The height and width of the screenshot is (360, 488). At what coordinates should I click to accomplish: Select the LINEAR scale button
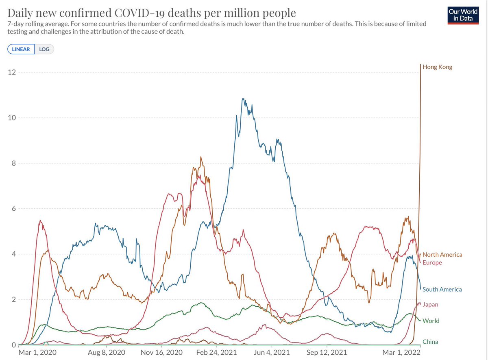pyautogui.click(x=21, y=49)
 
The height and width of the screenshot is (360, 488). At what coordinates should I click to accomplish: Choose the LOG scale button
pyautogui.click(x=44, y=49)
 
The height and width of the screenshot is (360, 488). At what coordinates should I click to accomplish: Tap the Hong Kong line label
pyautogui.click(x=437, y=67)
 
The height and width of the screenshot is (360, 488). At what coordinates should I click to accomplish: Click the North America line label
pyautogui.click(x=442, y=255)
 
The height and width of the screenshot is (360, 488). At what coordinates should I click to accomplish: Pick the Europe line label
pyautogui.click(x=432, y=263)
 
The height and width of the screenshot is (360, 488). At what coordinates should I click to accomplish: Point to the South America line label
pyautogui.click(x=442, y=290)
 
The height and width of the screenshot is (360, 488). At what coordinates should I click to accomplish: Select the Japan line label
pyautogui.click(x=430, y=305)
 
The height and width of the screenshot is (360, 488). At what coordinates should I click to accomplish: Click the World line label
pyautogui.click(x=431, y=321)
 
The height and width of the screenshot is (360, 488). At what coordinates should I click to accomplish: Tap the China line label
pyautogui.click(x=430, y=342)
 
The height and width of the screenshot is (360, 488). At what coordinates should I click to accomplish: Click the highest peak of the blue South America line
pyautogui.click(x=243, y=98)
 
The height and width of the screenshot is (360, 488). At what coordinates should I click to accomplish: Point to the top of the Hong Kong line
pyautogui.click(x=420, y=64)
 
